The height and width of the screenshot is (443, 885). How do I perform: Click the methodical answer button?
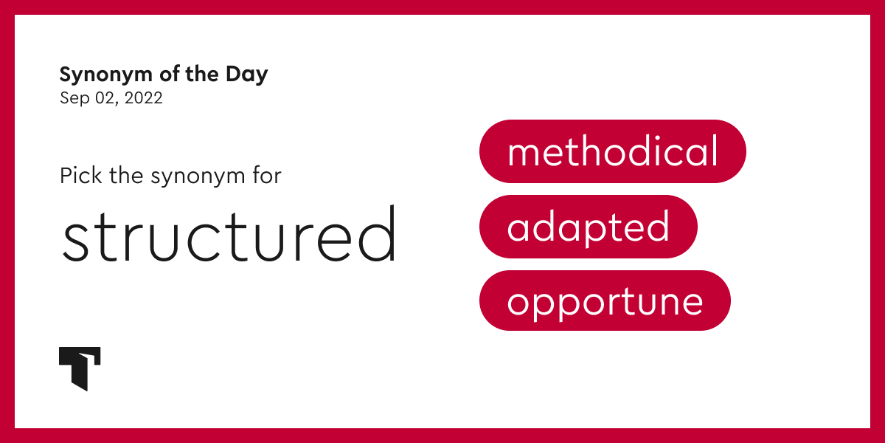(612, 151)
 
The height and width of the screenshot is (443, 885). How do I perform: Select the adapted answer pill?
(588, 227)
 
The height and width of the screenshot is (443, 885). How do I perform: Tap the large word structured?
(229, 235)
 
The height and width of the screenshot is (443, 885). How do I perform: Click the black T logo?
(79, 368)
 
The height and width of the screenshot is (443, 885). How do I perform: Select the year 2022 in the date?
(143, 98)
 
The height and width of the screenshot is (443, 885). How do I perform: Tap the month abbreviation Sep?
(73, 98)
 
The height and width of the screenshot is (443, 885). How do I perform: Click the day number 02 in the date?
(104, 98)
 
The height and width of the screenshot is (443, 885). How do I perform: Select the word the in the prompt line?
(125, 176)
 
